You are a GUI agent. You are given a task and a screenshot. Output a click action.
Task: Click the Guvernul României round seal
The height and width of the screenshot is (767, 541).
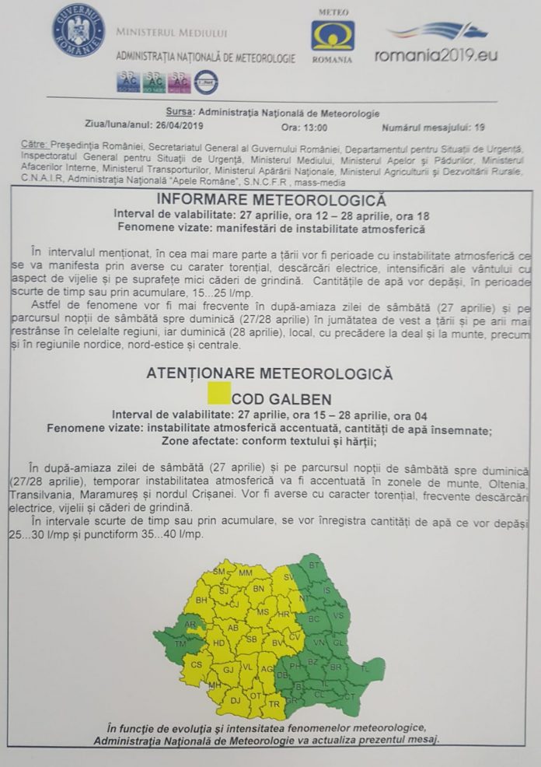[79, 31]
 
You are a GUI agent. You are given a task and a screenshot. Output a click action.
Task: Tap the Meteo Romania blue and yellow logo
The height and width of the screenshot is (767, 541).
[333, 36]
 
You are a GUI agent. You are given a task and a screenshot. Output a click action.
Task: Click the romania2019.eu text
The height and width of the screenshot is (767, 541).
[436, 55]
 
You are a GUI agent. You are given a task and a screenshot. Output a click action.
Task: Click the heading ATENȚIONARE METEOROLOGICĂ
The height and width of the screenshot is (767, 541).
[270, 373]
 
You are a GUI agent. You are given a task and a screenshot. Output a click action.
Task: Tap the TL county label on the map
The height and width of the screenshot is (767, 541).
[366, 668]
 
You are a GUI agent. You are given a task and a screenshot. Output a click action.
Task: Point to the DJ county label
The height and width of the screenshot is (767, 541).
[234, 702]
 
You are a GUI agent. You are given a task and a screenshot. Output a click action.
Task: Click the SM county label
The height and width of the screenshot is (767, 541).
[219, 572]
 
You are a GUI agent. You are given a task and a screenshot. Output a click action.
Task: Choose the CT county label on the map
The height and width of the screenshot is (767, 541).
[349, 696]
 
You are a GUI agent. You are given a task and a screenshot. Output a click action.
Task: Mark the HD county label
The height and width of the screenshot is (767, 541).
[218, 643]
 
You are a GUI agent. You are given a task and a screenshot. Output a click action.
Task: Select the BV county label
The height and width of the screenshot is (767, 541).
[277, 643]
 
